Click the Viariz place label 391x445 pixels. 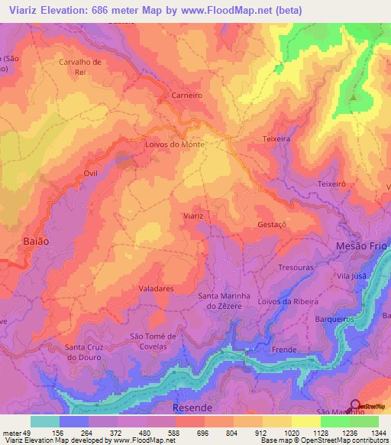(193, 216)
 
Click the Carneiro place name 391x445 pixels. (186, 96)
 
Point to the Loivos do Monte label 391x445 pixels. (173, 144)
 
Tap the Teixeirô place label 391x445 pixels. (331, 184)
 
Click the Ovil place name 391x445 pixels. (91, 174)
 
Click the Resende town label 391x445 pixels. (192, 408)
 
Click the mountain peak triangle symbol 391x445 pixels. (353, 98)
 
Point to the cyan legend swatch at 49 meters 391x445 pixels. (44, 421)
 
